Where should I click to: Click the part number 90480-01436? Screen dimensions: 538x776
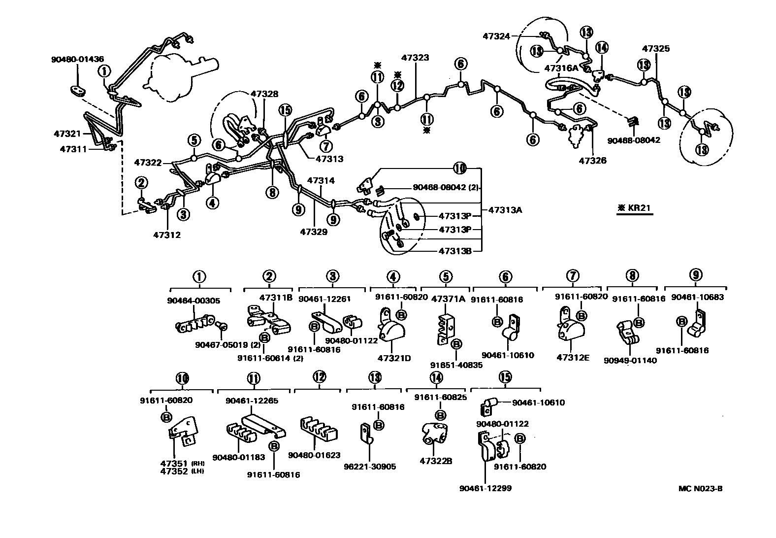pyautogui.click(x=77, y=59)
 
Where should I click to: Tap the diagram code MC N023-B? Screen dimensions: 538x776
pyautogui.click(x=700, y=489)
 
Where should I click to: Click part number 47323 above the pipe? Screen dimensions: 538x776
pyautogui.click(x=415, y=58)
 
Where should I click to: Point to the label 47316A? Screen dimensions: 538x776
pyautogui.click(x=561, y=68)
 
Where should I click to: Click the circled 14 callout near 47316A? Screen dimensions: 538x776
pyautogui.click(x=602, y=48)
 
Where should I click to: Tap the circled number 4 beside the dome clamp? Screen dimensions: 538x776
pyautogui.click(x=213, y=202)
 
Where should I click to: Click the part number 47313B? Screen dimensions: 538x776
pyautogui.click(x=455, y=251)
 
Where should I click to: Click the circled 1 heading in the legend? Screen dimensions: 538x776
pyautogui.click(x=200, y=277)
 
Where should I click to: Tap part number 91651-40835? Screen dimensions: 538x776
pyautogui.click(x=456, y=365)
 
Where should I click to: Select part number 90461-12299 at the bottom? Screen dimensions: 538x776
pyautogui.click(x=485, y=488)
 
